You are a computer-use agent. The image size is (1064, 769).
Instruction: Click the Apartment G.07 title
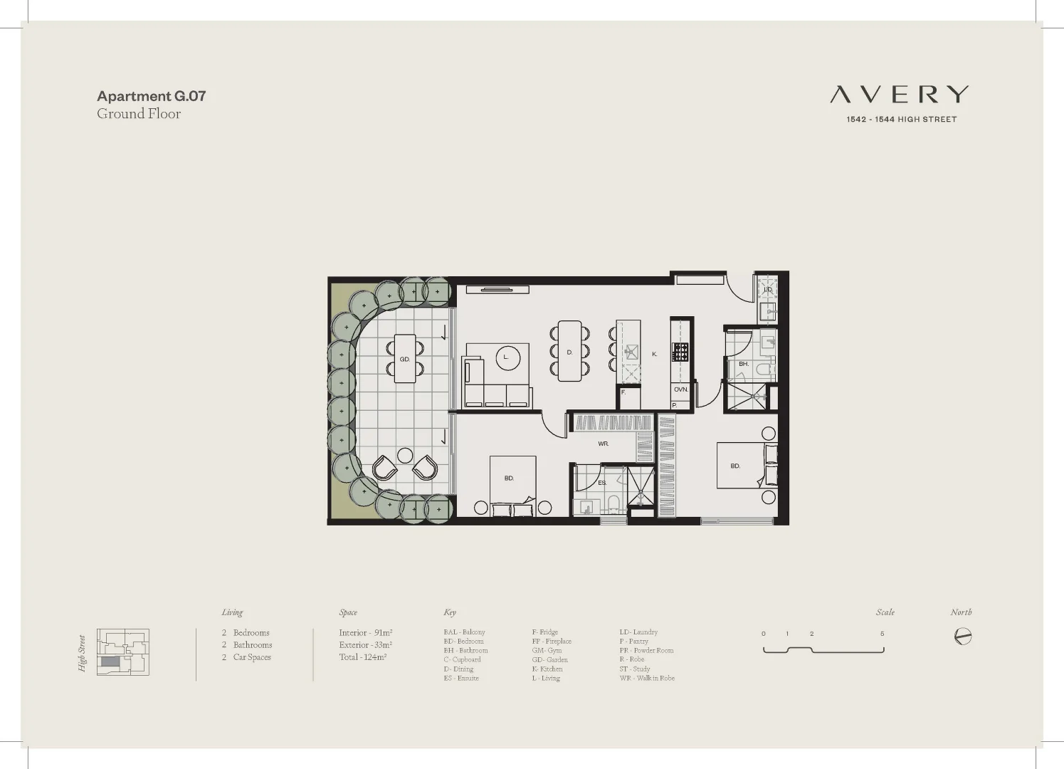coord(151,95)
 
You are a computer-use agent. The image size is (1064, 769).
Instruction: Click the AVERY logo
coord(900,94)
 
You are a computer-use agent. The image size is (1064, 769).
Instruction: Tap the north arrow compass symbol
coord(962,636)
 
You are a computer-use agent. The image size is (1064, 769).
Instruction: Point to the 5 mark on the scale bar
coord(882,634)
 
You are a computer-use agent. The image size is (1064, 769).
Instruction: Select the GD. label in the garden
coord(404,359)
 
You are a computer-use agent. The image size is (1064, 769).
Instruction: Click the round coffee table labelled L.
coord(507,357)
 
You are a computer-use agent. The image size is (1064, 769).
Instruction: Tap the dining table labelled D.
coord(569,352)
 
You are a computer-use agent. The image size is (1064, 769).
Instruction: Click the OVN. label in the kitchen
coord(680,389)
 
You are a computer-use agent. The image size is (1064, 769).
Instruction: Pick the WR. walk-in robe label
coord(603,444)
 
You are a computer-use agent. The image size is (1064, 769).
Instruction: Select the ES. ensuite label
coord(601,483)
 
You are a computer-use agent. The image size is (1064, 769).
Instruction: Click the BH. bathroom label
coord(743,364)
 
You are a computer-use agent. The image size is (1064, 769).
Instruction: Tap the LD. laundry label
coord(767,290)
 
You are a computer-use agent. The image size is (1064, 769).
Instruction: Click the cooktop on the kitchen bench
coord(680,352)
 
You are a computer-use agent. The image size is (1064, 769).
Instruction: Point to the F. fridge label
coord(623,392)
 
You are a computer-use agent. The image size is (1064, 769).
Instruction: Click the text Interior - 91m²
coord(365,632)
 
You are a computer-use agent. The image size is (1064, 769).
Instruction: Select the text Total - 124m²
coord(362,657)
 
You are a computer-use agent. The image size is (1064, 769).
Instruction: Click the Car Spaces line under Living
coord(246,657)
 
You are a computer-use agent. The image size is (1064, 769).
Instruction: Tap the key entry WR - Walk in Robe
coord(646,678)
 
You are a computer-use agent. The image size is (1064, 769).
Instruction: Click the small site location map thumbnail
coord(122,652)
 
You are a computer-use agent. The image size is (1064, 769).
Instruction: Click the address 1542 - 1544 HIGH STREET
coord(901,120)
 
